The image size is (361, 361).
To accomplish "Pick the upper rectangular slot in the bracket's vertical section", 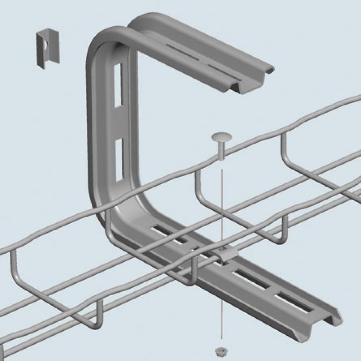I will pyautogui.click(x=118, y=85).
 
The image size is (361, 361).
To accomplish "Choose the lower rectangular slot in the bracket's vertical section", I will pyautogui.click(x=119, y=159).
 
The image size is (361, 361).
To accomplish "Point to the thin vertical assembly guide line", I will pyautogui.click(x=222, y=202).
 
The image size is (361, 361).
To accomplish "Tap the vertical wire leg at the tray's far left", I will pyautogui.click(x=13, y=267).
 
